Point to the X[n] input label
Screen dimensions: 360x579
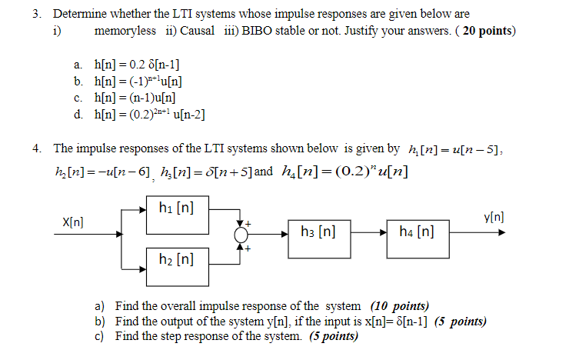tap(74, 222)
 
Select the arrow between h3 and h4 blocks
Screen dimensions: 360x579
tap(371, 231)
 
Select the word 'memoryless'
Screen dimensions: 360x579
tap(123, 31)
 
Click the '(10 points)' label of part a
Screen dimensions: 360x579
tap(400, 305)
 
